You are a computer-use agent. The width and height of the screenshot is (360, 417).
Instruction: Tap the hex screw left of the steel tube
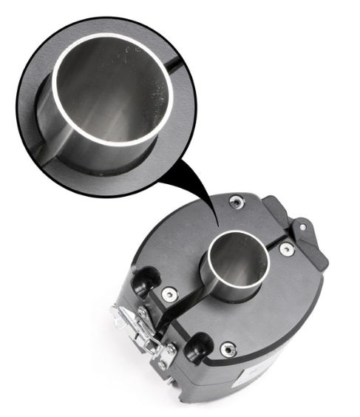point(170,294)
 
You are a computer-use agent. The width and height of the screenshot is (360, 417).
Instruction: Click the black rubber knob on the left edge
point(142,279)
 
